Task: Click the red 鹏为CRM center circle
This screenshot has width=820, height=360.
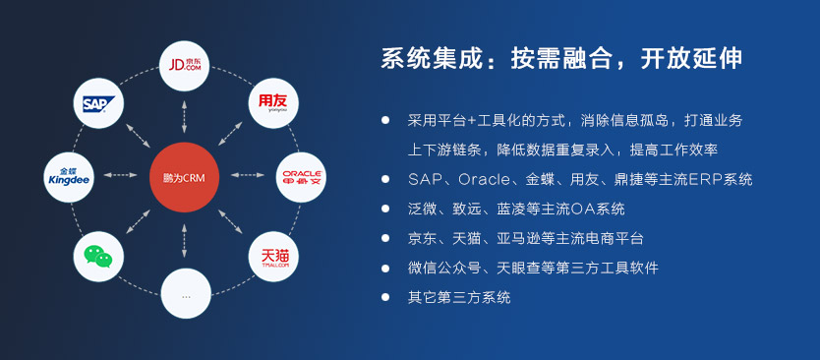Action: pyautogui.click(x=184, y=177)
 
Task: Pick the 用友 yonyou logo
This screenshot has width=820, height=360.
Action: pyautogui.click(x=272, y=102)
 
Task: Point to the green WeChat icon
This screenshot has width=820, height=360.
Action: pyautogui.click(x=98, y=257)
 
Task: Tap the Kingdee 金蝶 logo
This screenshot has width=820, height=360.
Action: pyautogui.click(x=69, y=177)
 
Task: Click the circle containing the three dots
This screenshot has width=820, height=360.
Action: pyautogui.click(x=186, y=293)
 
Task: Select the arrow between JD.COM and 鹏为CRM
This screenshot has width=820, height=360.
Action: pyautogui.click(x=184, y=116)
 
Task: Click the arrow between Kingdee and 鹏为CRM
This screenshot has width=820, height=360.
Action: pyautogui.click(x=120, y=175)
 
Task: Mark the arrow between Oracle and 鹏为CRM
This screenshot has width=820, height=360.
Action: pyautogui.click(x=248, y=175)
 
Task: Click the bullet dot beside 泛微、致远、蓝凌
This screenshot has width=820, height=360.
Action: pyautogui.click(x=385, y=209)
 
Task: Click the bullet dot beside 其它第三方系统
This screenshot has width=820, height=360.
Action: pyautogui.click(x=385, y=297)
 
